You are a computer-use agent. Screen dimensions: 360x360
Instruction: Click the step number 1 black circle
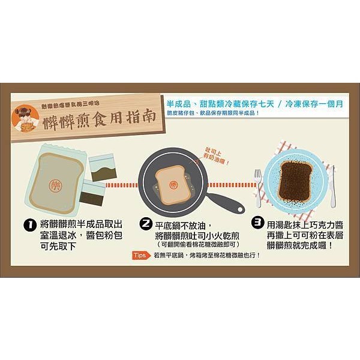click(x=28, y=225)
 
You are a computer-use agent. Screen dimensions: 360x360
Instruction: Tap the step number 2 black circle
click(x=146, y=224)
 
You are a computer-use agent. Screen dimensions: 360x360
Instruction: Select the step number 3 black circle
click(x=258, y=223)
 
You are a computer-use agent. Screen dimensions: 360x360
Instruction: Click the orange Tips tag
click(x=140, y=256)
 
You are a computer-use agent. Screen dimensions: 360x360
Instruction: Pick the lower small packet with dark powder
click(x=94, y=194)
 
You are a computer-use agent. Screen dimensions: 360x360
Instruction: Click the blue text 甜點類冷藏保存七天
click(x=229, y=103)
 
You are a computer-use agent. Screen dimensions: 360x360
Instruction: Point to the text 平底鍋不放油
click(x=180, y=224)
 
